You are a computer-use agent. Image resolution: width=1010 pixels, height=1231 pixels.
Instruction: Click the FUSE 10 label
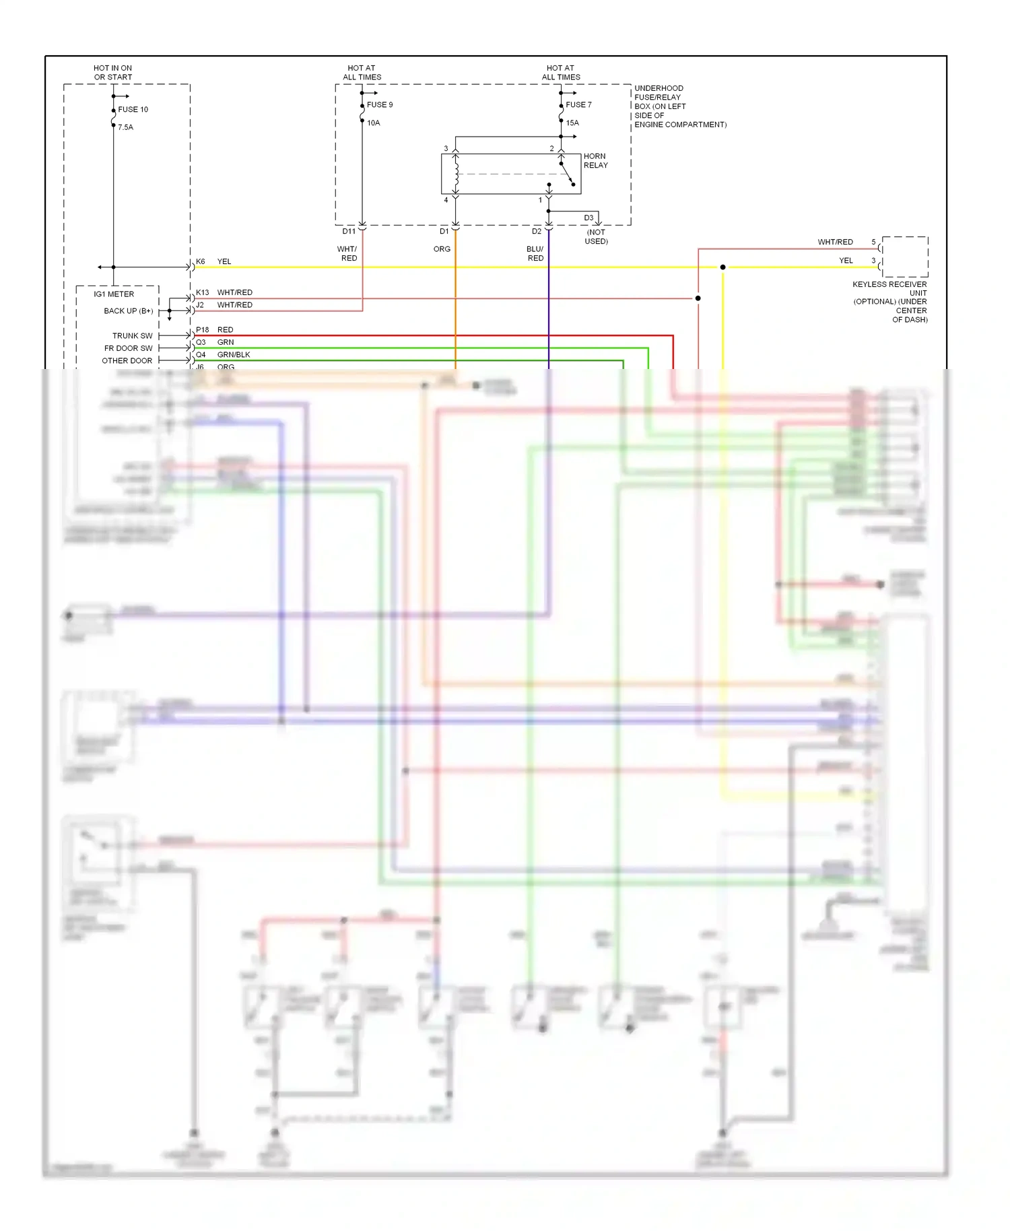133,109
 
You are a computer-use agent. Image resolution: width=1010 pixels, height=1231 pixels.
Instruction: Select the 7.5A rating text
125,127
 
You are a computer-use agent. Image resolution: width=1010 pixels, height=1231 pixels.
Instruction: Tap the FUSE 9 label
380,104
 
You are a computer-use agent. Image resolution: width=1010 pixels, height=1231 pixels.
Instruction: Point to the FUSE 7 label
578,104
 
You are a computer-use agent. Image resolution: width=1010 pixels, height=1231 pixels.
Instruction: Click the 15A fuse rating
572,123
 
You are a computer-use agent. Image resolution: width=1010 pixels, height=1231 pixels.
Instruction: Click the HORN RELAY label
595,160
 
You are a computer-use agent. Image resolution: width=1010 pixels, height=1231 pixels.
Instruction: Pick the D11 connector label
349,231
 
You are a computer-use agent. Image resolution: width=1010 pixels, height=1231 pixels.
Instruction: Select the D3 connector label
588,218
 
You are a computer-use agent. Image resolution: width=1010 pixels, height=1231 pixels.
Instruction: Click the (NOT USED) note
596,236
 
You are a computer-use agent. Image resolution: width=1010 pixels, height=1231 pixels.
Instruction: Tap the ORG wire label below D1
442,249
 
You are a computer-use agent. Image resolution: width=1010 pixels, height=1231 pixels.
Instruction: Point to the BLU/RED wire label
535,253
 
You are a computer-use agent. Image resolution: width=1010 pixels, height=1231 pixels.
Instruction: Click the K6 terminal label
201,261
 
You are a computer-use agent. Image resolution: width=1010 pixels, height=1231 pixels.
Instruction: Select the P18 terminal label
203,330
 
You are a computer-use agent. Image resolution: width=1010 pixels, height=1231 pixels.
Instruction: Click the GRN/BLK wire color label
234,355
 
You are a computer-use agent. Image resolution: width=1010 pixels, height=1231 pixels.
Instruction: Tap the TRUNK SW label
132,335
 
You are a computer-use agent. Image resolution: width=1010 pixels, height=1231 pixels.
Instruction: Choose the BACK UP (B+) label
128,310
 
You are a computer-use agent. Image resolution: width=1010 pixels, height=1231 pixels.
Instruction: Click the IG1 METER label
114,294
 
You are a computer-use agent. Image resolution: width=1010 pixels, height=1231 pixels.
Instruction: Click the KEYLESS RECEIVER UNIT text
889,288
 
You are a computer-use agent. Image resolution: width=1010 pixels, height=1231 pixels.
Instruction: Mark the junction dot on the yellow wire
722,267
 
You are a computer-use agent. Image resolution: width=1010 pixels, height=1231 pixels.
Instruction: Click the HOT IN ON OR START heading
113,73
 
